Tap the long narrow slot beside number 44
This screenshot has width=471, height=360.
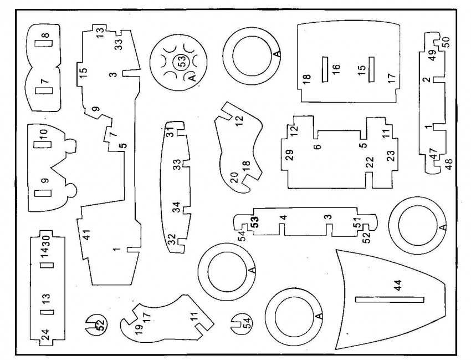[x=390, y=300]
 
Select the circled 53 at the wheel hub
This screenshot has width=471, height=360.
[x=181, y=62]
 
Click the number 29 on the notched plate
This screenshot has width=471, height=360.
[x=289, y=155]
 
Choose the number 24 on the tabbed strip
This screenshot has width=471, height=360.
[x=45, y=334]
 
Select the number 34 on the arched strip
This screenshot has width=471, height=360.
[x=176, y=208]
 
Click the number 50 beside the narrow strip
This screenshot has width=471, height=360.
[x=446, y=42]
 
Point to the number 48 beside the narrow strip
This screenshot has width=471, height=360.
[x=448, y=164]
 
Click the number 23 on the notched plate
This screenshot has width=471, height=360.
[x=391, y=155]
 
